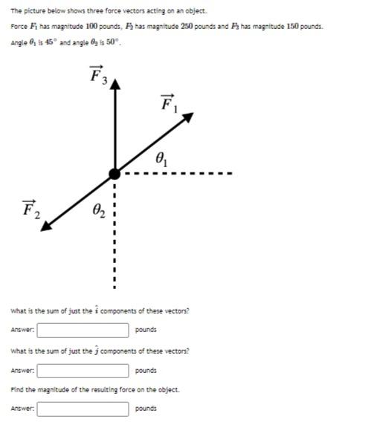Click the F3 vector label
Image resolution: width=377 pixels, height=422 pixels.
(97, 76)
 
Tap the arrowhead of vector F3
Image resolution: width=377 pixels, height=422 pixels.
(114, 82)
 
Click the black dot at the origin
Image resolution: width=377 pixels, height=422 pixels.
(114, 174)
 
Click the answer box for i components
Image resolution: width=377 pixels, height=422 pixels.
(85, 329)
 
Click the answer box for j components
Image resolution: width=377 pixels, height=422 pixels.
(85, 369)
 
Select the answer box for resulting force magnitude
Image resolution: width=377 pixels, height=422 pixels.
(85, 409)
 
